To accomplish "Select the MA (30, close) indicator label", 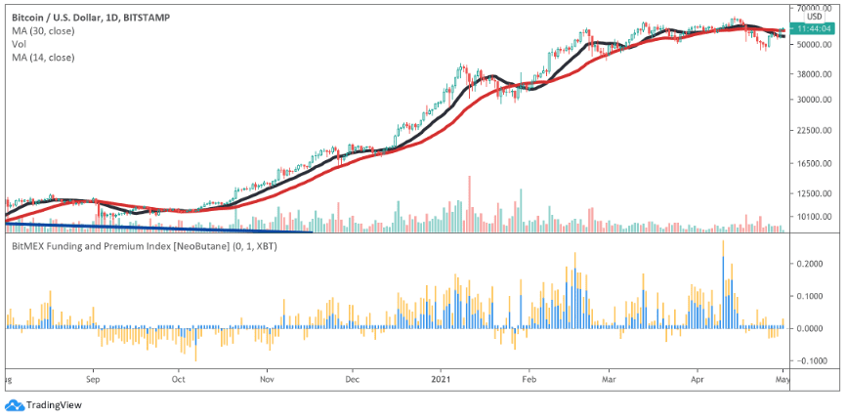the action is (43, 30).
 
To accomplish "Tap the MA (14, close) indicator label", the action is (43, 57).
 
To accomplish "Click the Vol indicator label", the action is (19, 44).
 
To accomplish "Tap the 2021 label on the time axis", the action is (441, 380).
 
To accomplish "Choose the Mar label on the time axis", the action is (610, 380).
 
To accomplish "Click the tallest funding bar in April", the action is (723, 283).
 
